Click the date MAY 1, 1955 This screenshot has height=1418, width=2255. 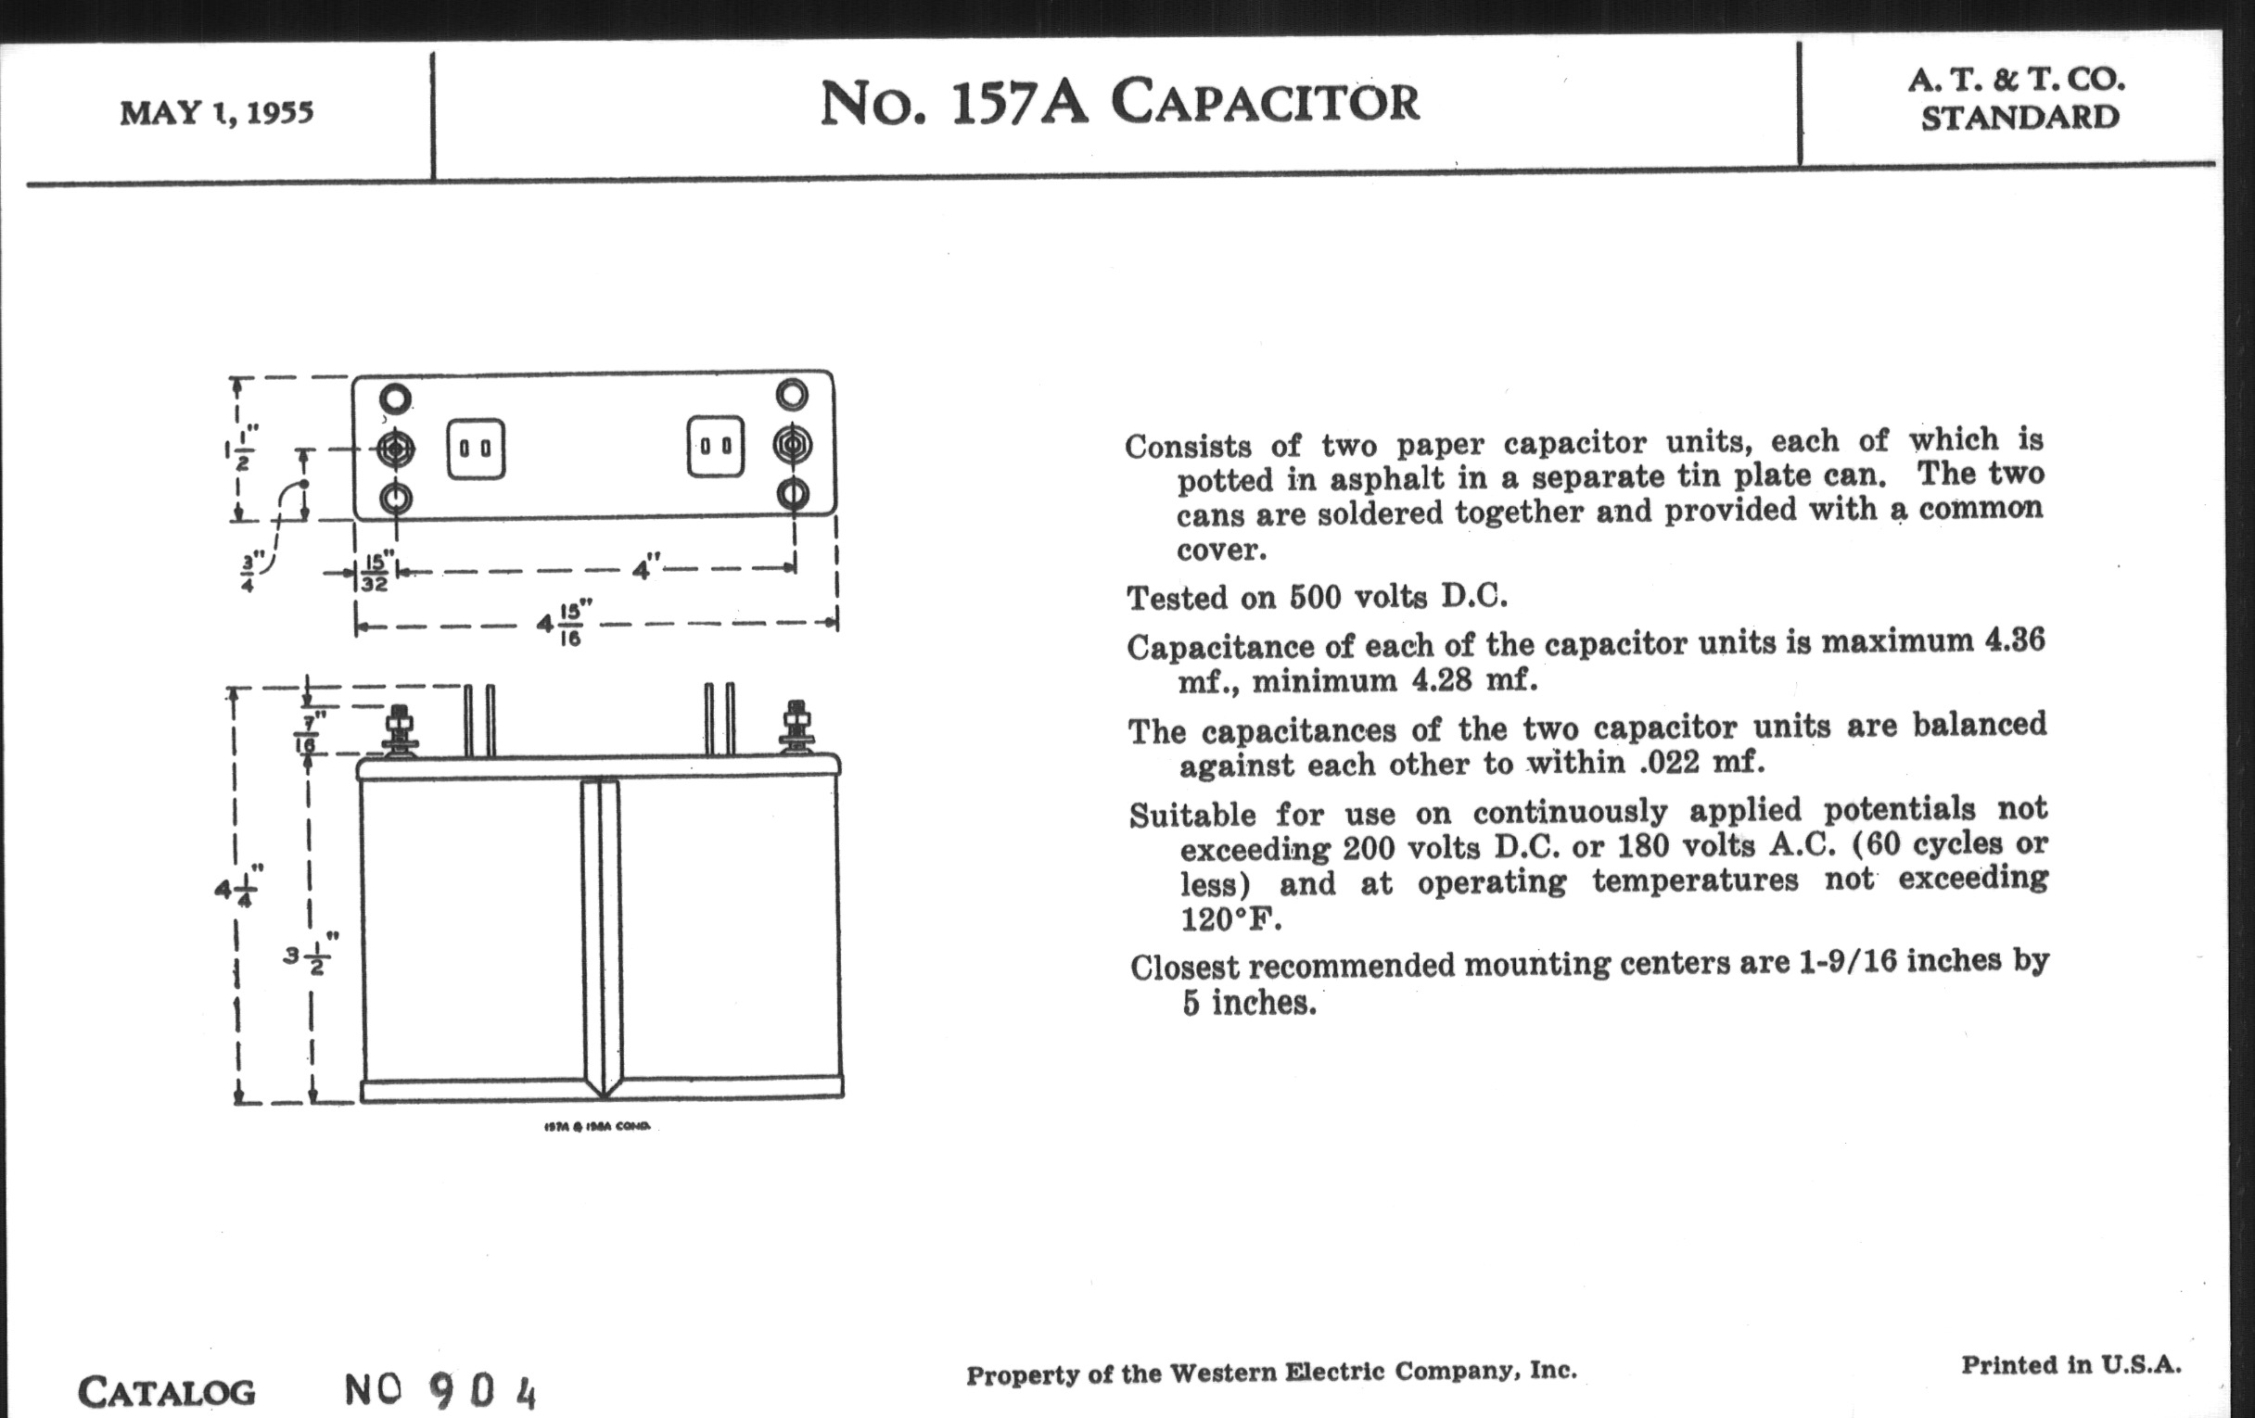[216, 113]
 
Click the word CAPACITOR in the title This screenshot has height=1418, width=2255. [1265, 102]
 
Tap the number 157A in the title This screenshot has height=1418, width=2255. [1018, 102]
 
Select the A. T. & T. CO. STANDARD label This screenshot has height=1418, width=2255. [2017, 98]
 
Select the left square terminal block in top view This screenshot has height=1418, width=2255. [476, 449]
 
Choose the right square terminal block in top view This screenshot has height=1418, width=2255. [717, 447]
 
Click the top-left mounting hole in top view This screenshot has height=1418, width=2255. [395, 399]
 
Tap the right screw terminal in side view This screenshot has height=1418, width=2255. [796, 727]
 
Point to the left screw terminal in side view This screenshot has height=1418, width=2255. [400, 730]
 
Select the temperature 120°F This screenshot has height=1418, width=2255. [1229, 920]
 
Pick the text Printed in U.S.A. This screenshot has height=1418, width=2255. [2070, 1365]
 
